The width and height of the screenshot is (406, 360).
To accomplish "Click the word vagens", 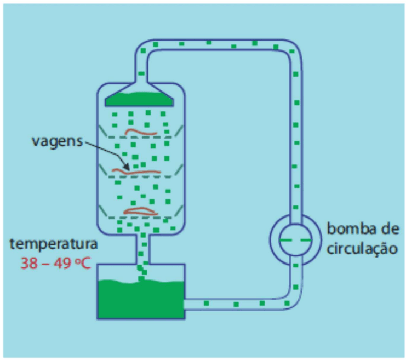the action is coord(57,142).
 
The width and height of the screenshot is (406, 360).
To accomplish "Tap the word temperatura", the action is coord(54,244).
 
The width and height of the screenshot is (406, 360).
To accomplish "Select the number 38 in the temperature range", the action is coord(29,264).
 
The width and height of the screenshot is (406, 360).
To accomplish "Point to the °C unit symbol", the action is coord(83,264).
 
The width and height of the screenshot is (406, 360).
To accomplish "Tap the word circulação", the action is coord(362,249).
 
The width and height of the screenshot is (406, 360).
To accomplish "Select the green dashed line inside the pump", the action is coord(296,240).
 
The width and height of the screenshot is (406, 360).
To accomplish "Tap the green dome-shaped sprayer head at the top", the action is coord(139,99).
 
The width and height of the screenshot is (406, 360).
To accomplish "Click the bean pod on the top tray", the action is coord(141,132).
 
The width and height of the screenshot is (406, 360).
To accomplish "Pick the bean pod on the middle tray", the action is coord(136,171).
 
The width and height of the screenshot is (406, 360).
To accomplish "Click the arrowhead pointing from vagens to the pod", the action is coord(126,167).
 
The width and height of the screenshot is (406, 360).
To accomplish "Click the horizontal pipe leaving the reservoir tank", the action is coord(236,304).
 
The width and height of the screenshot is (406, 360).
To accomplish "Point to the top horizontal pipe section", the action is coord(218,45).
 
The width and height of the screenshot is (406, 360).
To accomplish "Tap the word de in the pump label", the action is coord(390,228).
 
